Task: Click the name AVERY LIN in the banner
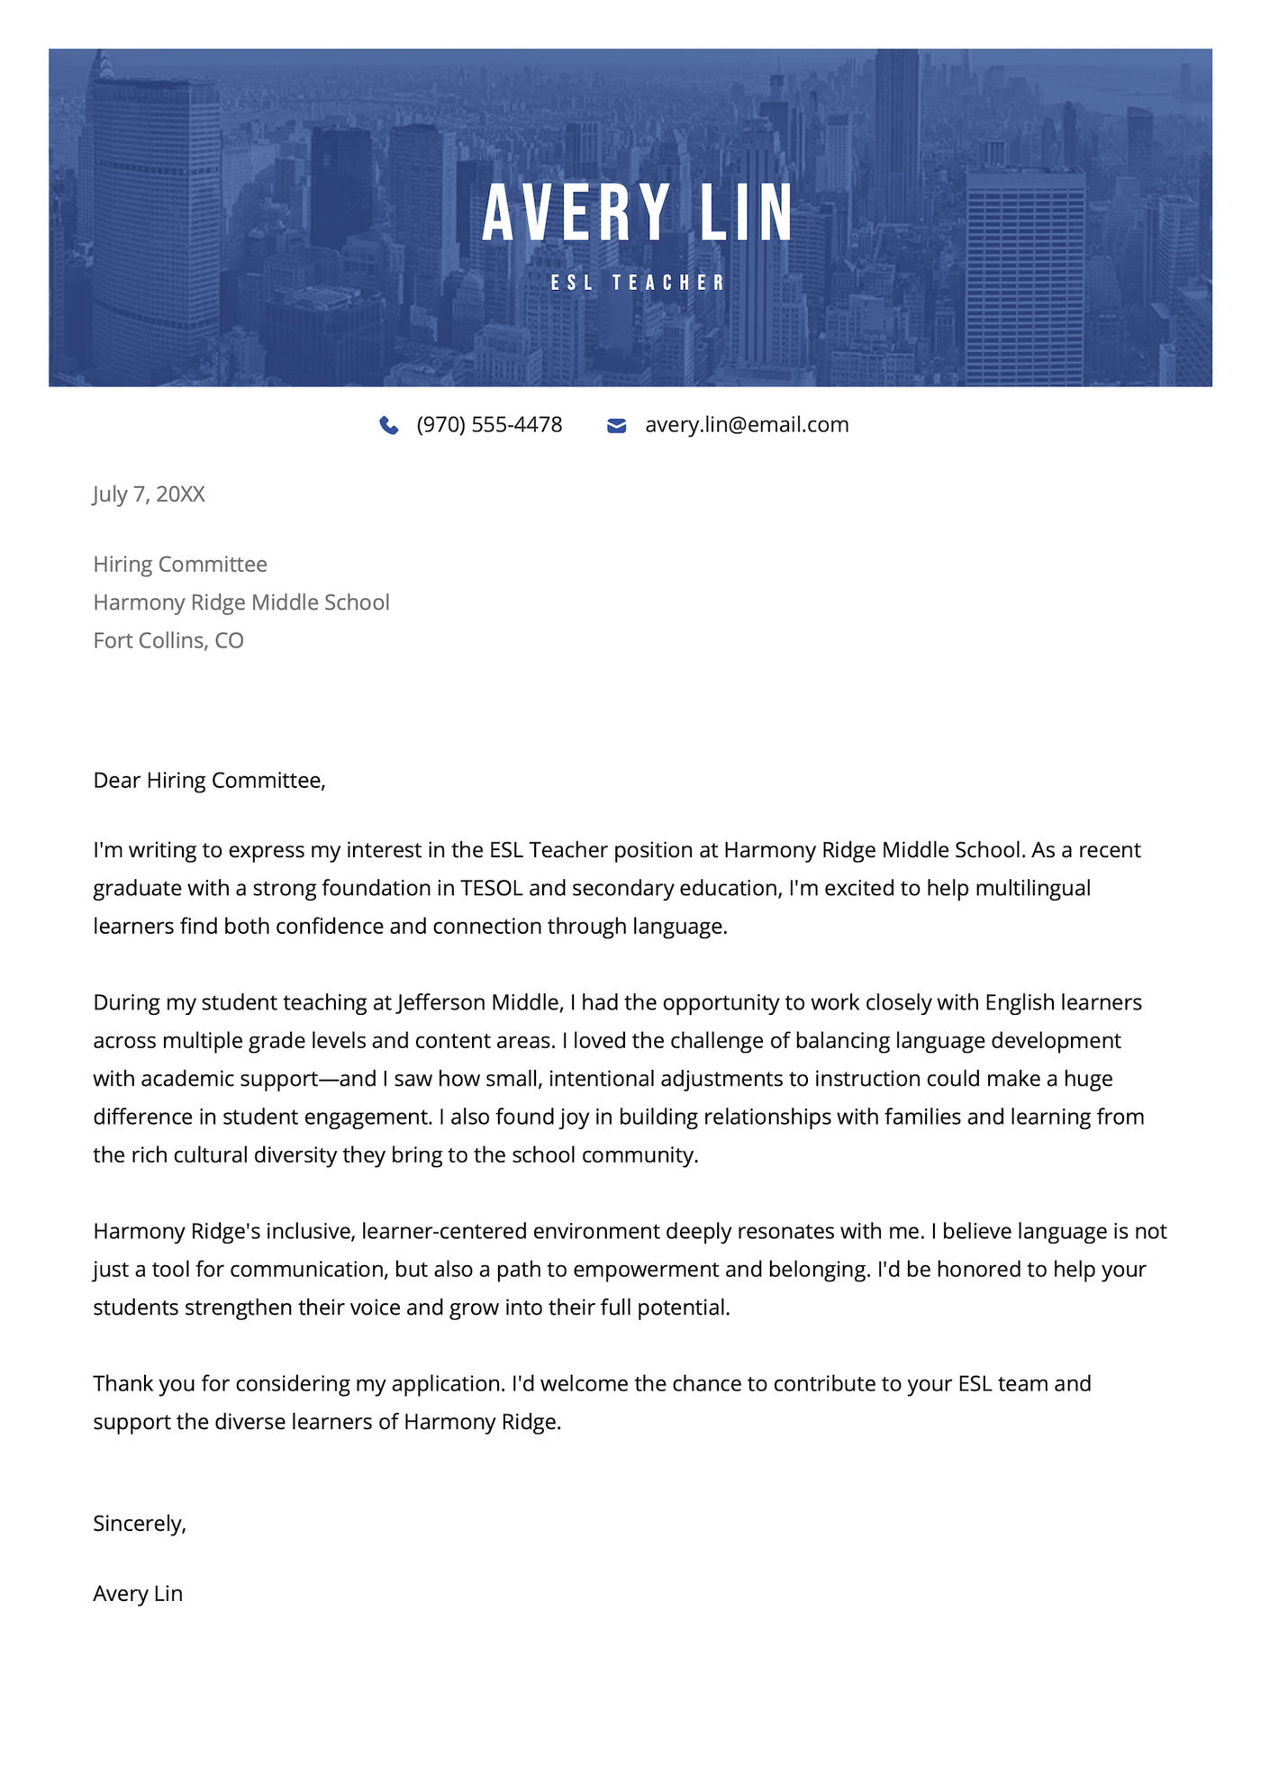tap(638, 213)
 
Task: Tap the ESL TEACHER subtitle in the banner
tap(638, 283)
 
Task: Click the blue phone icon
tap(389, 425)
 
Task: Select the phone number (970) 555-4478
tap(489, 425)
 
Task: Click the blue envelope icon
tap(617, 425)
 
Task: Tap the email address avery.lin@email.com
tap(747, 425)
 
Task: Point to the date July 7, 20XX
tap(150, 494)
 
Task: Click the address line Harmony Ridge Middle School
tap(241, 602)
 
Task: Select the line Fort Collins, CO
tap(168, 640)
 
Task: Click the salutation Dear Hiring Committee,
tap(209, 781)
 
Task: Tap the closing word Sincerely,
tap(140, 1524)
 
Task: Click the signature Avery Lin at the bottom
tap(138, 1594)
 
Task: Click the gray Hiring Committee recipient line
tap(180, 565)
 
